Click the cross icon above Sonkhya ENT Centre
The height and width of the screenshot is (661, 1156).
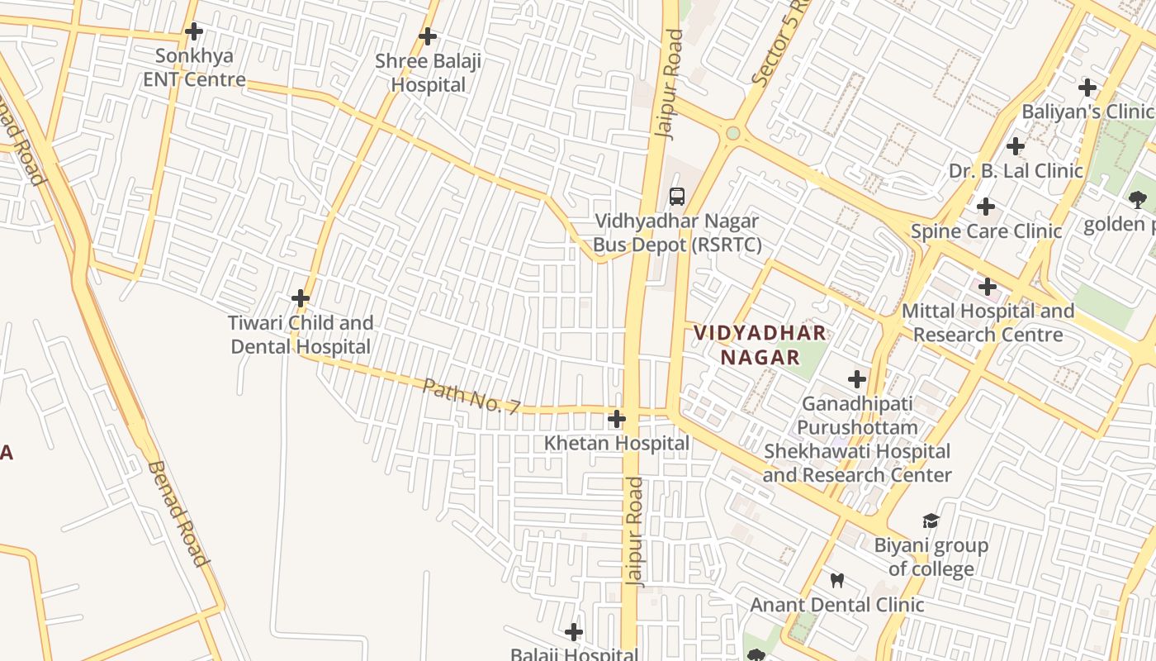tap(194, 32)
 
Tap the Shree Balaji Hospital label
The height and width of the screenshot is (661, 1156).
tap(428, 73)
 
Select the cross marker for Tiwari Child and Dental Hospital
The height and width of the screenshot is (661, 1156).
tap(301, 298)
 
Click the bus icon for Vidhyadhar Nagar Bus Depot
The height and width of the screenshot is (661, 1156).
tap(677, 197)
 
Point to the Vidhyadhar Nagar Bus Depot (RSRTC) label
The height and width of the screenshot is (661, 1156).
tap(677, 233)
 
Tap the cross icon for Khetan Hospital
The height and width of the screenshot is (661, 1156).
tap(616, 419)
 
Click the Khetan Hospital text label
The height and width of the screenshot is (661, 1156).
tap(616, 444)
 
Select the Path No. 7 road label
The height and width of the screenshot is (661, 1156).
tap(471, 396)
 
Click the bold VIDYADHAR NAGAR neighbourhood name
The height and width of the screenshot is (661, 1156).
tap(760, 345)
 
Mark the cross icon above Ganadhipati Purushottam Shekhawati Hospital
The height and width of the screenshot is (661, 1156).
tap(857, 379)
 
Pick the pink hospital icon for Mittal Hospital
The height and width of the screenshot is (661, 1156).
tap(987, 287)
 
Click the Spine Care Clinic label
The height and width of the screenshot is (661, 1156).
tap(986, 231)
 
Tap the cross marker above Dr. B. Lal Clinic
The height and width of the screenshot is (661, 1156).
tap(1016, 146)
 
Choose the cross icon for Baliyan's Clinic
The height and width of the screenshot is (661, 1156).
tap(1087, 87)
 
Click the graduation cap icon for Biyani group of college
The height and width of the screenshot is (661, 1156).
tap(931, 521)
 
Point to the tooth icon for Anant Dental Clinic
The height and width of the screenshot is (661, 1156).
tap(836, 580)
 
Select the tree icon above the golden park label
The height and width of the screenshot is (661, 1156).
tap(1137, 199)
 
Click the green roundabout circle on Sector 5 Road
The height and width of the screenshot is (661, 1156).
tap(732, 133)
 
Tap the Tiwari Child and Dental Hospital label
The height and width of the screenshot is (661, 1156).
tap(301, 335)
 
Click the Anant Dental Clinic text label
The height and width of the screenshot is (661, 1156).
tap(836, 605)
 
